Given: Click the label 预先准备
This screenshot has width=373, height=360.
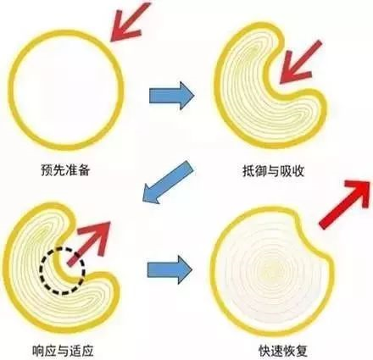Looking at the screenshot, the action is [x=65, y=170].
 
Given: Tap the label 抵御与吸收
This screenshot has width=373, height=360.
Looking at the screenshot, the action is [x=273, y=170].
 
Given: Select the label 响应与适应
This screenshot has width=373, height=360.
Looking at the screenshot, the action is [x=63, y=350].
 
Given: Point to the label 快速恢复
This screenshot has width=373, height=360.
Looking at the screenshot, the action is [x=283, y=349].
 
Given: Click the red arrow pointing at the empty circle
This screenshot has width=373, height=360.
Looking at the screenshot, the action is [x=128, y=23].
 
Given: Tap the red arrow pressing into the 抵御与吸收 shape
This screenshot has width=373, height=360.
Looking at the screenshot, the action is [x=299, y=63].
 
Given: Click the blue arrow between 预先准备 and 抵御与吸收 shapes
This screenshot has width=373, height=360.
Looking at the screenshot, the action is [x=172, y=96].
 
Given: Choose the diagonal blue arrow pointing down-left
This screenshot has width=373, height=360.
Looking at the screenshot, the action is [x=168, y=182].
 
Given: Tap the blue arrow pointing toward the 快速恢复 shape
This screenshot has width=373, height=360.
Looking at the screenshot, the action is [x=170, y=269].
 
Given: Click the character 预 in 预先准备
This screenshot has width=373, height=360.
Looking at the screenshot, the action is [x=47, y=170].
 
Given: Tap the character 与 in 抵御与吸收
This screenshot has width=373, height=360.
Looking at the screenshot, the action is [x=273, y=170].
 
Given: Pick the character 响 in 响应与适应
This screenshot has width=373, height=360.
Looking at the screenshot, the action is [x=38, y=350].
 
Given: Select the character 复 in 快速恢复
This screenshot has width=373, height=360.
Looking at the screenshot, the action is [x=302, y=349].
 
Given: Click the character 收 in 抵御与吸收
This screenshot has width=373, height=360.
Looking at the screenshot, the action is [x=298, y=170].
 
